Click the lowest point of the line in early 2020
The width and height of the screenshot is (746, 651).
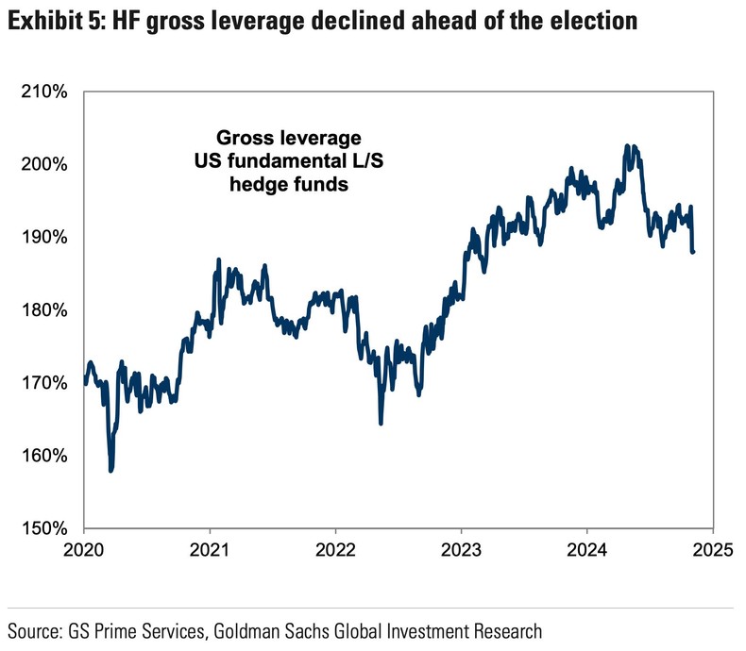111,470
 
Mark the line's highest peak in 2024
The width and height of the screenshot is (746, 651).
628,146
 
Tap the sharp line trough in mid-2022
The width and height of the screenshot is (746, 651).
381,424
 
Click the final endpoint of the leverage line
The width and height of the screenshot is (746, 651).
693,252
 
